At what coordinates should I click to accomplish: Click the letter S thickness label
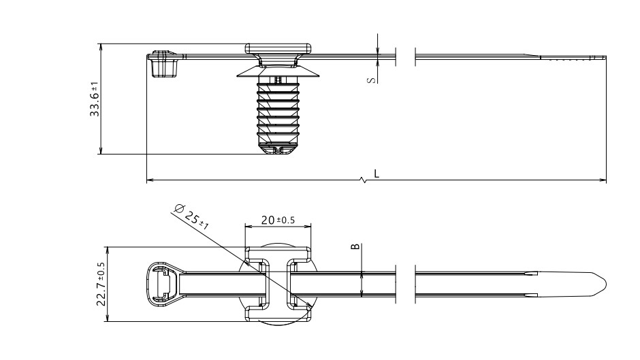coord(370,80)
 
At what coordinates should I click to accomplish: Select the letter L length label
coord(377,174)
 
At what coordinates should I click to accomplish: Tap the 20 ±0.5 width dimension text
coord(278,220)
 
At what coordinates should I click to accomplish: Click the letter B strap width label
coord(354,246)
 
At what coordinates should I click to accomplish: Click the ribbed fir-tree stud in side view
coord(279,112)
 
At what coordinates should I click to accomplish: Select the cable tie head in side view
coord(162,63)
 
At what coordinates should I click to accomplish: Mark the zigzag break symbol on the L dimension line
coord(366,180)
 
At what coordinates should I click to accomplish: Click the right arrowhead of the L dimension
coord(604,180)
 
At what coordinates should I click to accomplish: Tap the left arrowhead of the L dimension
coord(150,180)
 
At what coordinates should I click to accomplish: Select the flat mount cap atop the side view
coord(279,48)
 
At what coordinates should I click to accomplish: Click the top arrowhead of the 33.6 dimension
coord(101,47)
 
